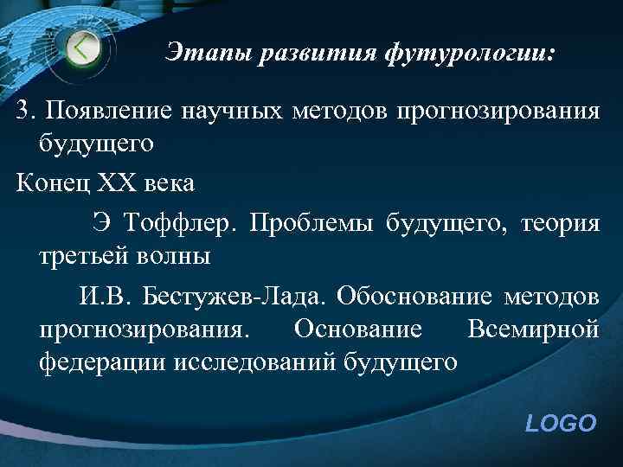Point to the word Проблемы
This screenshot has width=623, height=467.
(305, 224)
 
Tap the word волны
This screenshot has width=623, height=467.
(177, 258)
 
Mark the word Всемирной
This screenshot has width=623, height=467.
(532, 329)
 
